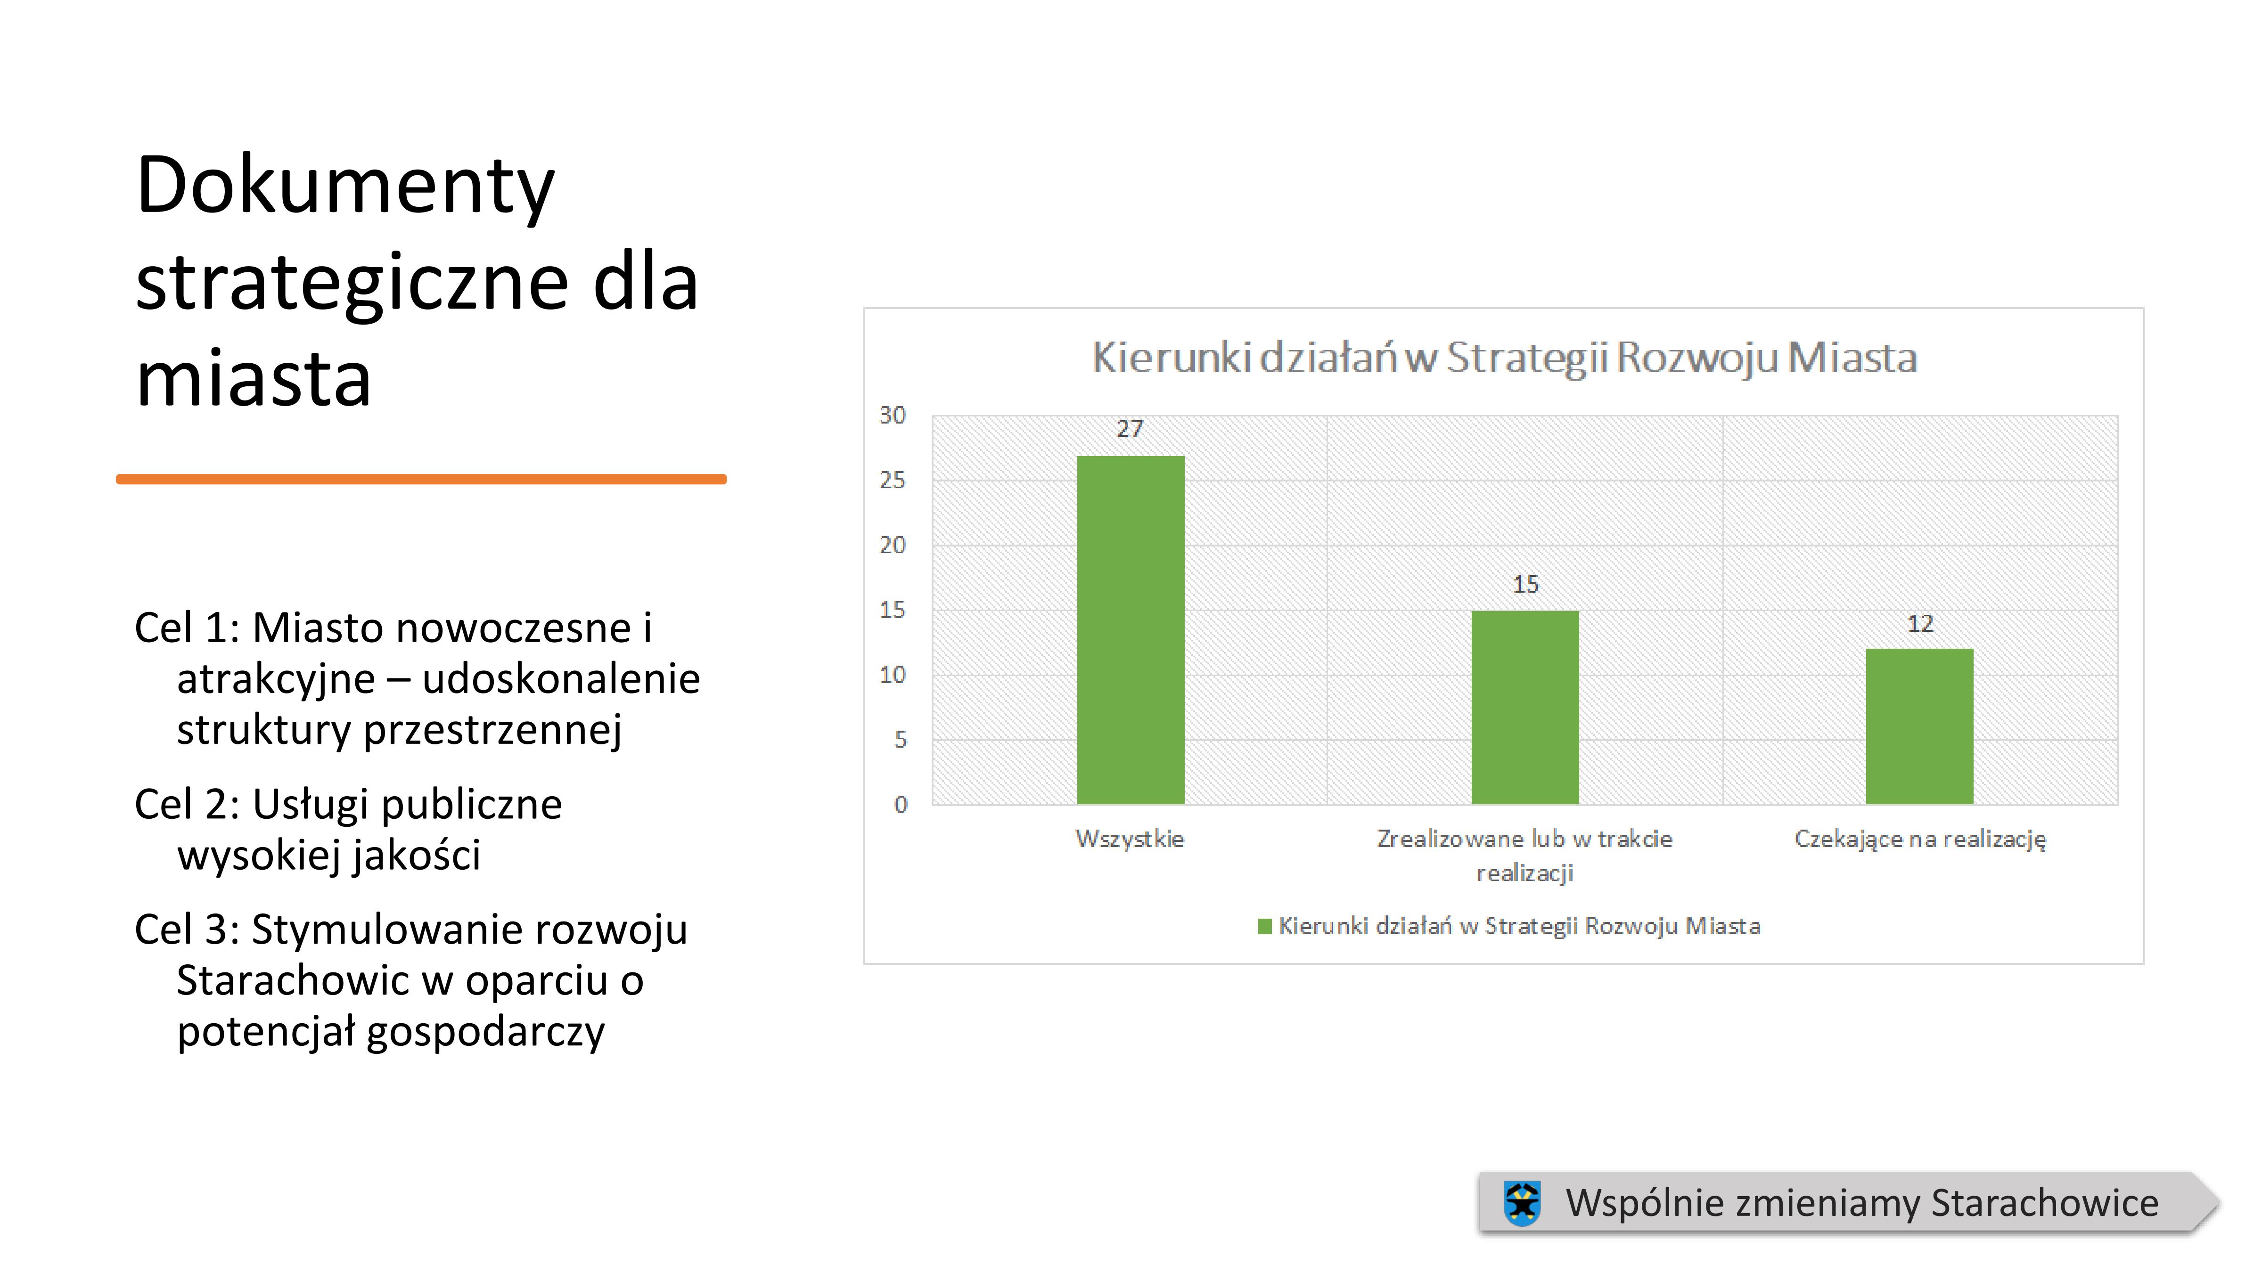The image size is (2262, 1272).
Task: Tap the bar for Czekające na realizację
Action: coord(1919,727)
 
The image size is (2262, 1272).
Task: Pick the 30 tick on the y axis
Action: coord(892,415)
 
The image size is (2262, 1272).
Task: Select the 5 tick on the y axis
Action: coord(900,740)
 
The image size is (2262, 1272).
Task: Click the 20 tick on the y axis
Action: coord(892,545)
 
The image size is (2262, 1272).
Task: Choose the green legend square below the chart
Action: coord(1264,926)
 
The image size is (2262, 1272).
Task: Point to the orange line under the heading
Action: coord(421,479)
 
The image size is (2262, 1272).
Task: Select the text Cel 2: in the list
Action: coord(187,804)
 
